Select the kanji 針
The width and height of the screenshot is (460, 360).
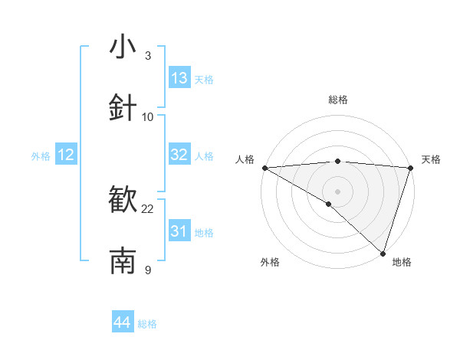pos(123,108)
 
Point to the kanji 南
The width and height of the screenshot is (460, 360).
pos(123,261)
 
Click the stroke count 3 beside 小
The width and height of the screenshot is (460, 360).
pos(148,55)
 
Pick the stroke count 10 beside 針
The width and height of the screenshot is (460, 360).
pos(148,116)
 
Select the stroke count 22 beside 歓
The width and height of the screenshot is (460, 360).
pos(148,208)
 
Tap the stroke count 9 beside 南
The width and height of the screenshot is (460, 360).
pos(148,270)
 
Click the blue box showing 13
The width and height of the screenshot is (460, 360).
pos(179,78)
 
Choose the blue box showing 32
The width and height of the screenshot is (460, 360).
pos(179,155)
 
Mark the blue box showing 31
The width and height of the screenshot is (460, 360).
pos(179,231)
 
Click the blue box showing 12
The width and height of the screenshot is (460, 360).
pos(66,155)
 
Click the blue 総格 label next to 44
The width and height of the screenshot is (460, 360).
pos(147,324)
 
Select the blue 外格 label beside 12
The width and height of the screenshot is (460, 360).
pos(41,156)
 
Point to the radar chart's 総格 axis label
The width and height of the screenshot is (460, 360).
pos(337,100)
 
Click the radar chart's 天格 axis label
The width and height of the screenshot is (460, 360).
pos(431,159)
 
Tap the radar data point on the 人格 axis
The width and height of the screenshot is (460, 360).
pos(264,168)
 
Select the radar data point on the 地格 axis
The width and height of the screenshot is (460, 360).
pos(383,254)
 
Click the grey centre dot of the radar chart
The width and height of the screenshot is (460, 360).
pos(337,191)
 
